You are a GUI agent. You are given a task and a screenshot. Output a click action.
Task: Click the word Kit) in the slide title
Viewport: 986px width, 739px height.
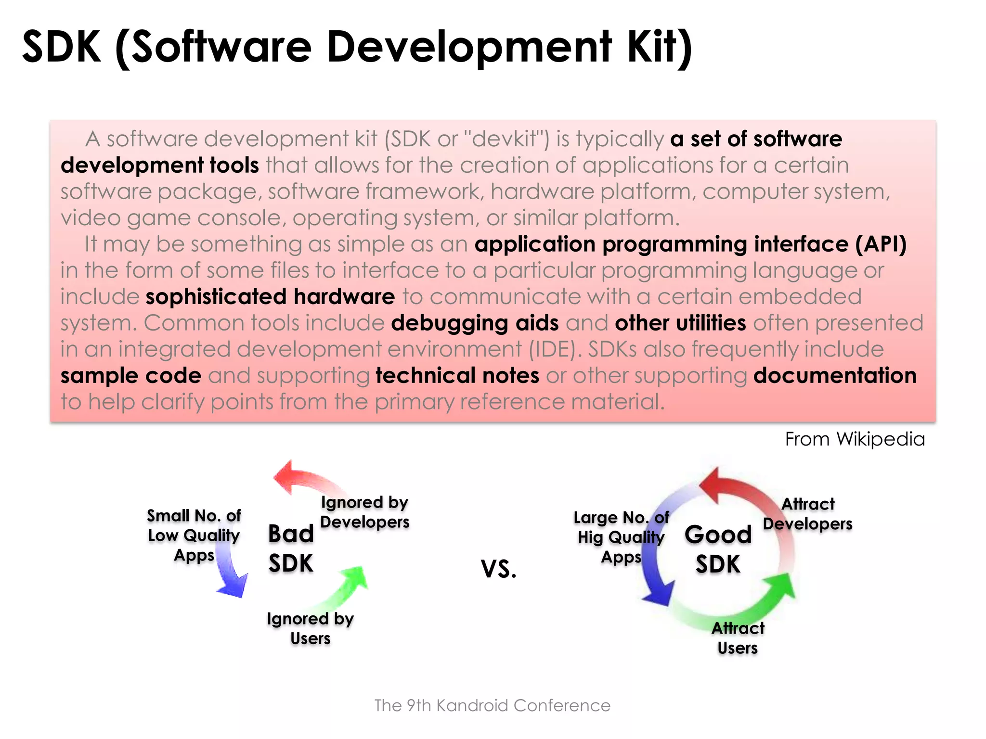point(660,47)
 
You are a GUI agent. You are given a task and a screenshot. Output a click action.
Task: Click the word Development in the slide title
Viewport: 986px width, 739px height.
point(469,47)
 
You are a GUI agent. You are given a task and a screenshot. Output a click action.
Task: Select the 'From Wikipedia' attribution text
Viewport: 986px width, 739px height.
point(855,439)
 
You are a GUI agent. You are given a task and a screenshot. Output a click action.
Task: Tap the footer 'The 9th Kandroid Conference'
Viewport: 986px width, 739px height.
point(493,705)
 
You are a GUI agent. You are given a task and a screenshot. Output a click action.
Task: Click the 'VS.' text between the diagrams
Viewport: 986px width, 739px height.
point(499,569)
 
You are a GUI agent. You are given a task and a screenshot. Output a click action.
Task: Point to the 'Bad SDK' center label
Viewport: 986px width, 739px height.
point(291,548)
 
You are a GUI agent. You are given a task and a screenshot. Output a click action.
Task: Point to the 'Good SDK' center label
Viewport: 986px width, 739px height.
point(718,549)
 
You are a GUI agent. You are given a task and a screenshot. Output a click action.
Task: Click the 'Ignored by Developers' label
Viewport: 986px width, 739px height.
point(364,512)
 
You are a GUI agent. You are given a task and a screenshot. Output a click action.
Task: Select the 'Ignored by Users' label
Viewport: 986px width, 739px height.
point(311,628)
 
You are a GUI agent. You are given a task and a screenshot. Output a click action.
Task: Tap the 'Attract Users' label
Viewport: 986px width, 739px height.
point(738,638)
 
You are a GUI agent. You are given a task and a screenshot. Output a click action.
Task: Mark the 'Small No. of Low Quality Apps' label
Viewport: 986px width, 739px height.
point(194,535)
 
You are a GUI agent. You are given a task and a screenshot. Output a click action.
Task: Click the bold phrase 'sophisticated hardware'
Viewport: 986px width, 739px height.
point(270,297)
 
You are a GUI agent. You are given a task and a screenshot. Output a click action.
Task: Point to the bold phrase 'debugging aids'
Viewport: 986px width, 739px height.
point(475,323)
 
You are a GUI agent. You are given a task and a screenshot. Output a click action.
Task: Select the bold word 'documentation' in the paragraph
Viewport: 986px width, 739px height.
point(835,376)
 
